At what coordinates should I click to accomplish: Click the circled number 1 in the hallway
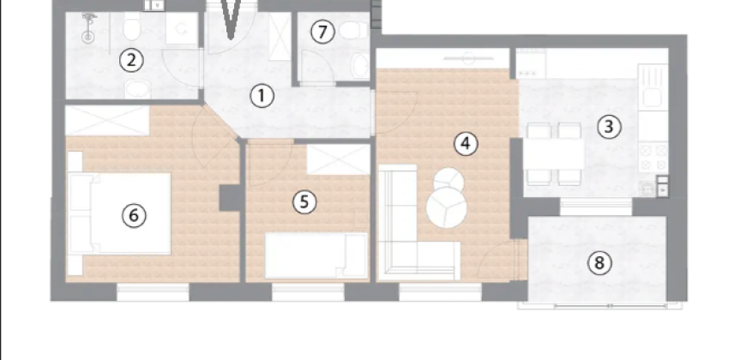coord(262,96)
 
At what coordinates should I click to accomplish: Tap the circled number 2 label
coord(131,60)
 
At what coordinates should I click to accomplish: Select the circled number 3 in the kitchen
coord(608,127)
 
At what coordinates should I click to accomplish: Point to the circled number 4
coord(465,143)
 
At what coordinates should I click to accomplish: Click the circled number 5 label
coord(304,202)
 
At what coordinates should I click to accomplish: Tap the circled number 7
coord(322,33)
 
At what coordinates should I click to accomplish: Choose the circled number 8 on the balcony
coord(601,262)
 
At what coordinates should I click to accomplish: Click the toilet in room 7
coord(350,31)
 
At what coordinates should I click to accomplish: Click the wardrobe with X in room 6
coord(107,121)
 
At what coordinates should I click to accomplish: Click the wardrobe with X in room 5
coord(338,159)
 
